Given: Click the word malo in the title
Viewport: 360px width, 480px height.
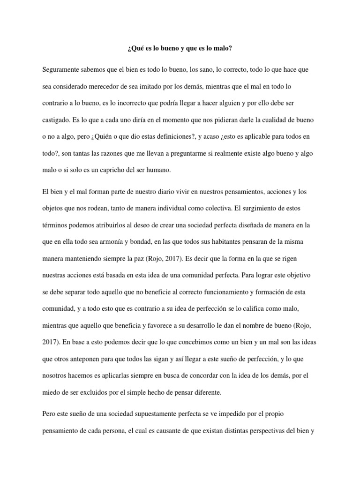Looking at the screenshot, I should (x=222, y=48).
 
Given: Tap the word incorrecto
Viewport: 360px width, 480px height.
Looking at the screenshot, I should (x=135, y=103).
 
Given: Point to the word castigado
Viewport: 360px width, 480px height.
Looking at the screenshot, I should (x=56, y=120).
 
